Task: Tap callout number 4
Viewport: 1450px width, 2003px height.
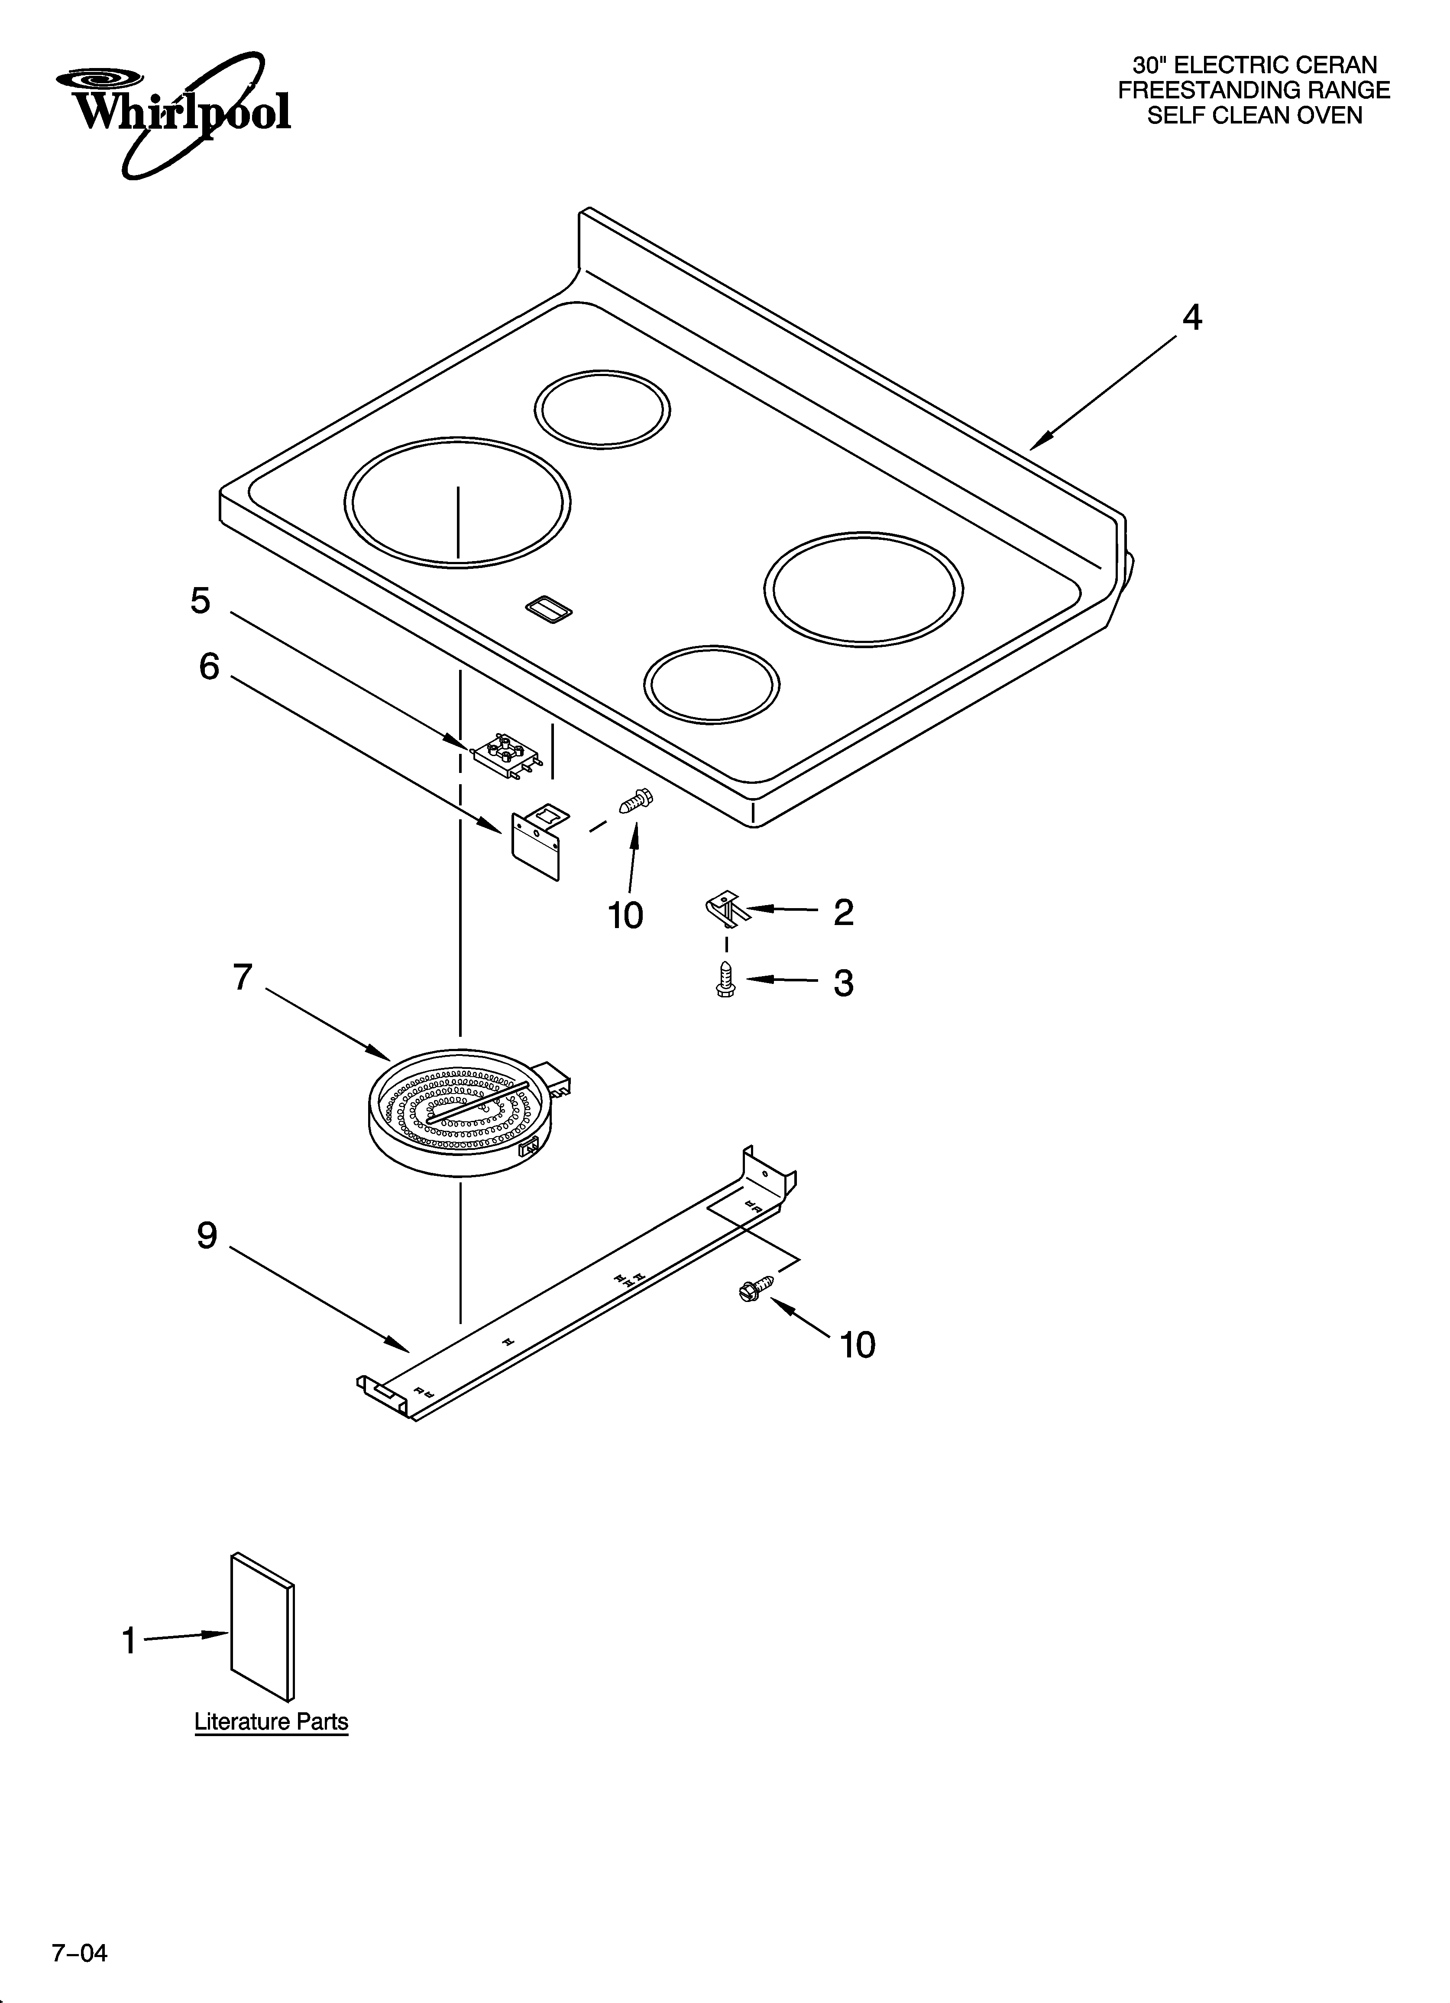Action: (x=1191, y=318)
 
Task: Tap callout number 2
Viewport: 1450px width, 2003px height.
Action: (x=843, y=912)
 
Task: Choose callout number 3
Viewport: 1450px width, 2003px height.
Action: (x=843, y=983)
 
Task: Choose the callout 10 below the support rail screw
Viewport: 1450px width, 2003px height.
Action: (x=857, y=1345)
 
